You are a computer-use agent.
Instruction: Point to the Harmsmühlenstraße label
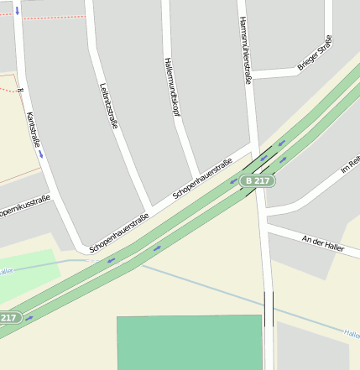point(245,50)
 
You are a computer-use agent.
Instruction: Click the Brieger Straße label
point(315,52)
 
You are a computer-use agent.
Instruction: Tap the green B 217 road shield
point(258,180)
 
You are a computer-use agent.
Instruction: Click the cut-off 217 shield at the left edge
point(8,317)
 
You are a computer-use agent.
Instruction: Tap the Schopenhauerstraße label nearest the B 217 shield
point(202,178)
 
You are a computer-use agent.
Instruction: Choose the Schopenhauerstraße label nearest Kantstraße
point(119,232)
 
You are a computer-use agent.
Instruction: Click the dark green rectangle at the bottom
point(190,342)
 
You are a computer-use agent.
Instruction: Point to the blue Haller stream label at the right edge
point(352,333)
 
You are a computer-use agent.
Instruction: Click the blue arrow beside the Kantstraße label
point(40,154)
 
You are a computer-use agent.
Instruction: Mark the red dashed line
point(50,18)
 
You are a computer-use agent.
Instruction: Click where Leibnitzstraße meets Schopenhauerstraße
point(149,209)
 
